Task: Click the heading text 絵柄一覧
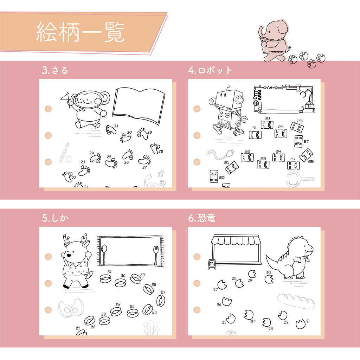[80, 32]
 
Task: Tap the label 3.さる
[55, 70]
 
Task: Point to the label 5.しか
[55, 218]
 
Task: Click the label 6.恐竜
[202, 218]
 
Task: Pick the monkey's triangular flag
[65, 97]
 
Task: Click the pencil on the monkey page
[64, 153]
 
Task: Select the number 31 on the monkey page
[116, 126]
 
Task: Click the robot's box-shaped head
[230, 99]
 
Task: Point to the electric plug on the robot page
[230, 153]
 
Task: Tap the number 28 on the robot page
[300, 121]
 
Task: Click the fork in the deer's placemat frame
[156, 255]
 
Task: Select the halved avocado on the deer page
[71, 308]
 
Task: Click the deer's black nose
[69, 255]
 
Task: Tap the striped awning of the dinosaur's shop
[235, 240]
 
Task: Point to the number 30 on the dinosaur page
[268, 272]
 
